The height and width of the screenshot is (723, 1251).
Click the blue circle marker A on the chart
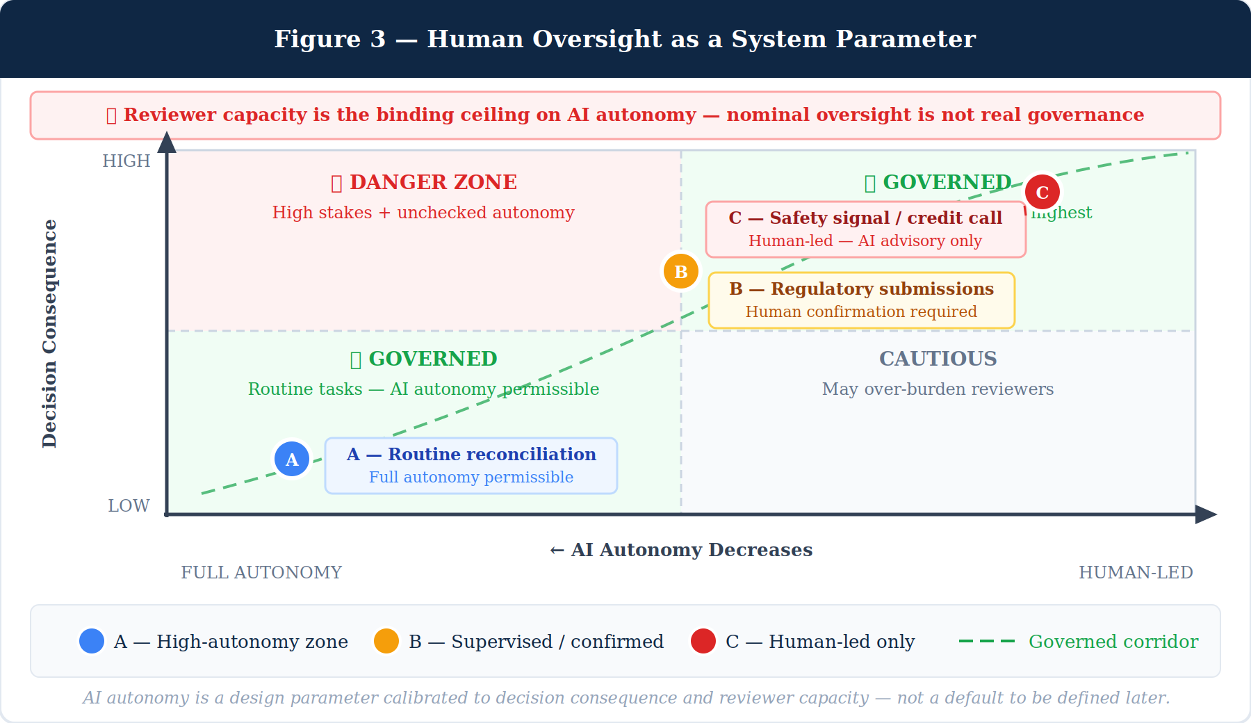pos(292,459)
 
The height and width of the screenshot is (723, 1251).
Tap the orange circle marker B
pos(681,272)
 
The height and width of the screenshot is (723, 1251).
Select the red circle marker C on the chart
pos(1042,192)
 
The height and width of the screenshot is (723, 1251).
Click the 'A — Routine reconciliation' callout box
pos(471,466)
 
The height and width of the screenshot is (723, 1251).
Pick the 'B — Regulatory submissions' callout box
pos(862,300)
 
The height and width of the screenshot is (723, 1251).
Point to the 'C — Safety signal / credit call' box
pos(865,229)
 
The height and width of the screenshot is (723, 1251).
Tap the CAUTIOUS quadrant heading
pos(938,359)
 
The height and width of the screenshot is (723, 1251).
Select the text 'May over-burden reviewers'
pos(938,389)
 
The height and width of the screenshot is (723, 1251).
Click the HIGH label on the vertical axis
pos(126,161)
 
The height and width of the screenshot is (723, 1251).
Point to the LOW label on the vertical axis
pos(129,506)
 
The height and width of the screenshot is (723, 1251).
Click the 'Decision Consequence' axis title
pos(49,334)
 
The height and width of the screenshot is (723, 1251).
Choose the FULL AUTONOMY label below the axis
pos(261,573)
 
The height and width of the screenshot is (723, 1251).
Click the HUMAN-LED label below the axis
pos(1136,573)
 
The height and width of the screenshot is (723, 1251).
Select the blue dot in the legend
pos(92,641)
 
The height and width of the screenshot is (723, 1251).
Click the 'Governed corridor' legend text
pos(1113,642)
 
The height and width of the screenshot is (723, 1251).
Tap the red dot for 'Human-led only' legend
pos(703,641)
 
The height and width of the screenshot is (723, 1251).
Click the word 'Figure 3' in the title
pos(329,39)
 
